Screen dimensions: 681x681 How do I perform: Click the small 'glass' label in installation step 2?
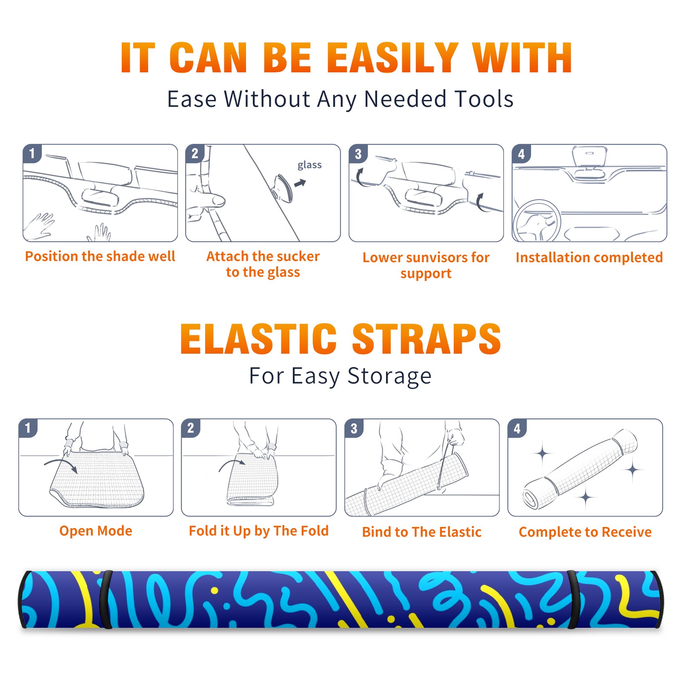click(x=309, y=165)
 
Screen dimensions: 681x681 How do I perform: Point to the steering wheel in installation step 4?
click(x=537, y=221)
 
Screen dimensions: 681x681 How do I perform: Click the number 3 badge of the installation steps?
click(x=358, y=154)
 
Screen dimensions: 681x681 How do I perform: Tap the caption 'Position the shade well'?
click(x=100, y=256)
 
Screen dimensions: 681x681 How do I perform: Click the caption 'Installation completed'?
click(x=589, y=258)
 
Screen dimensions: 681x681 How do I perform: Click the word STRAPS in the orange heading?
click(x=427, y=339)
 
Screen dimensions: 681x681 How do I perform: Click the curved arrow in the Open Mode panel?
click(x=61, y=464)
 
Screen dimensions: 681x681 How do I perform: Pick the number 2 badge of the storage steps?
click(x=190, y=428)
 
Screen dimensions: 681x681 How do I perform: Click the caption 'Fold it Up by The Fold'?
click(x=259, y=531)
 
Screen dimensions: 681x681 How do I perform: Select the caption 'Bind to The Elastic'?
click(x=422, y=532)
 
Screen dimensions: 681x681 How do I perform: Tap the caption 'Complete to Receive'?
click(x=585, y=532)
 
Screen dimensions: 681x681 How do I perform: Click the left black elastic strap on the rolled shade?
click(x=106, y=599)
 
